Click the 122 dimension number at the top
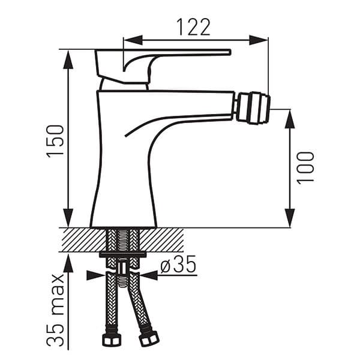(x=193, y=27)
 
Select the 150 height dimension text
(x=56, y=141)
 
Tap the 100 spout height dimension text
(x=305, y=167)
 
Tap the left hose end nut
(x=111, y=340)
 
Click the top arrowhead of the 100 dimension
(x=290, y=119)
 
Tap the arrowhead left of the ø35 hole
(x=95, y=275)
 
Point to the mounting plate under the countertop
(x=122, y=255)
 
